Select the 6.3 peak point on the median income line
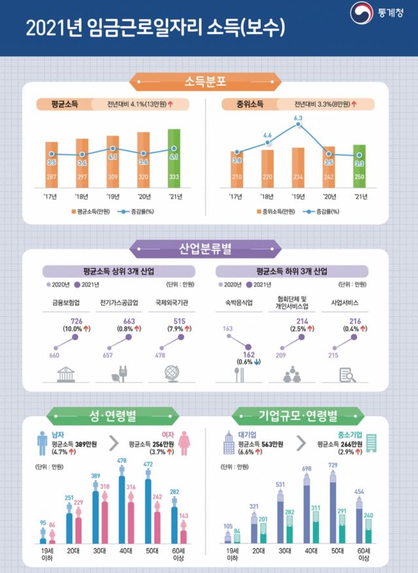298,124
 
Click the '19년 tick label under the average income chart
112,195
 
